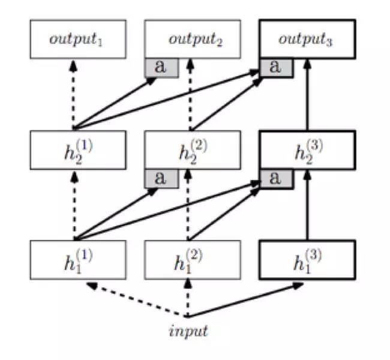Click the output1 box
point(78,40)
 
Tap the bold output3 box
point(307,40)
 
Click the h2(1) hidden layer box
point(78,150)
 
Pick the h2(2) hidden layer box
point(193,150)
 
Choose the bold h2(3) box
point(307,150)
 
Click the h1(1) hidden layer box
point(78,260)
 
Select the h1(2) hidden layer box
point(193,260)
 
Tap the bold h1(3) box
point(307,260)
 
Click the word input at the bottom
point(188,331)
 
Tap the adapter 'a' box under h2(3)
point(276,178)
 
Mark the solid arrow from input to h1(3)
point(246,301)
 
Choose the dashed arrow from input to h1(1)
point(138,299)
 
